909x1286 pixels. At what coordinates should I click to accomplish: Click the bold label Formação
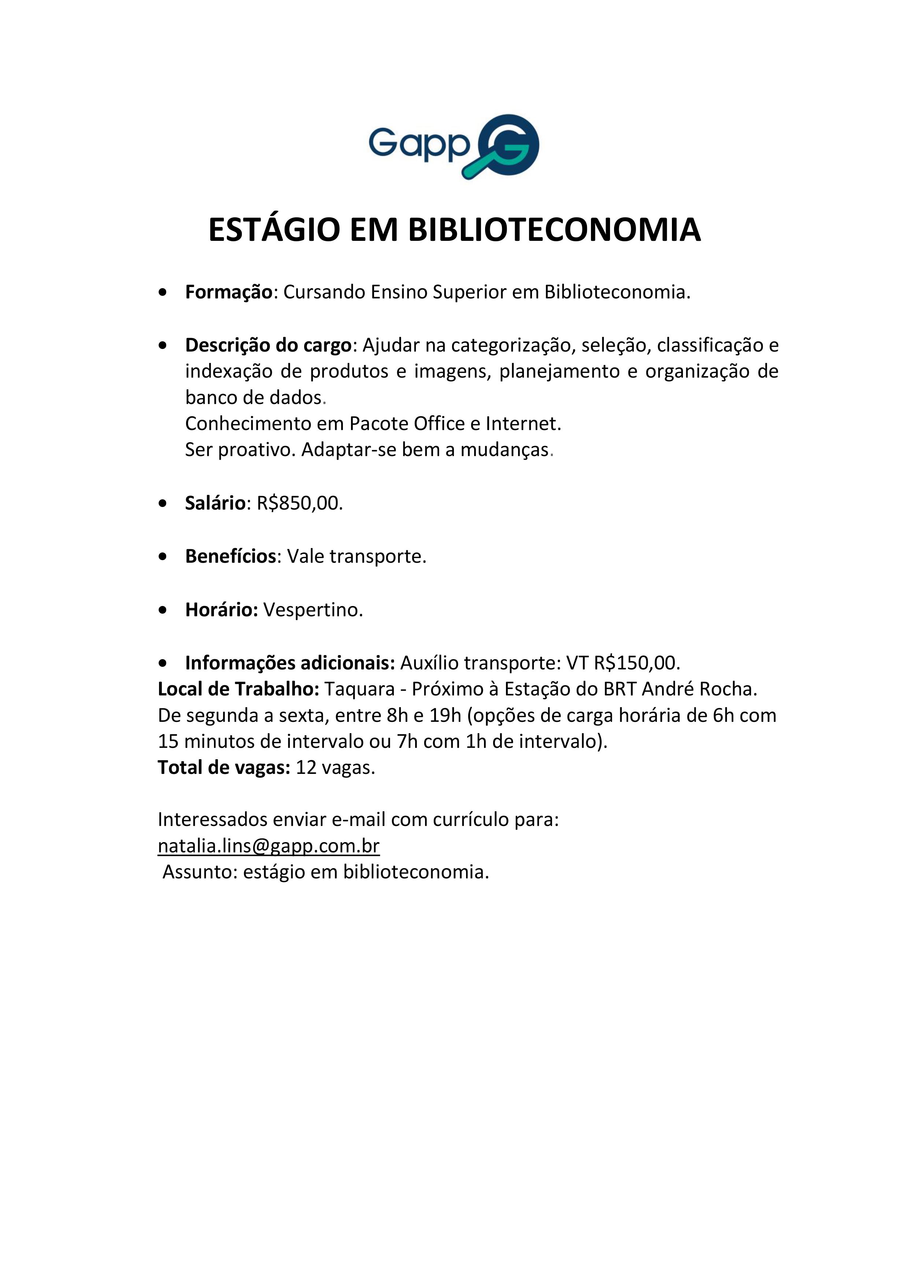coord(228,293)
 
